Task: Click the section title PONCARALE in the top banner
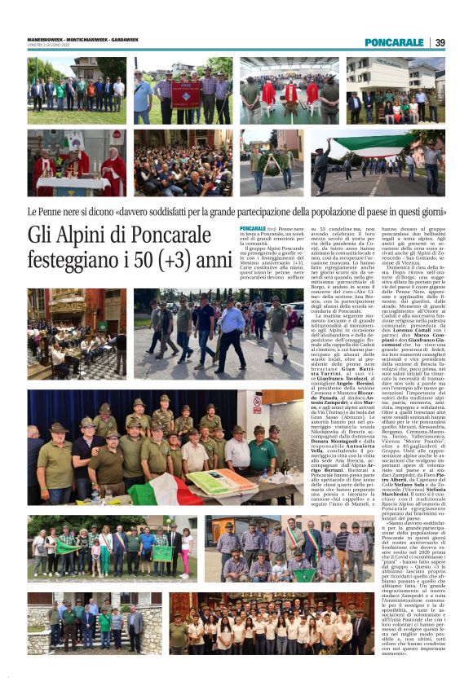click(x=394, y=42)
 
